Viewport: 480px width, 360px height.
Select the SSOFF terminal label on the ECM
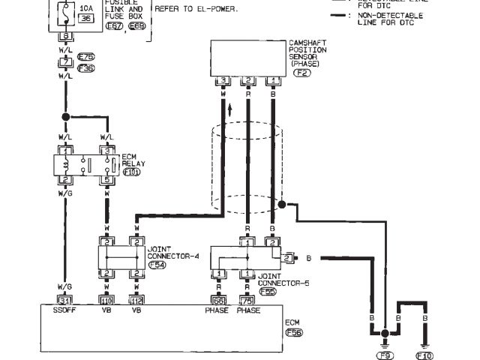pyautogui.click(x=64, y=309)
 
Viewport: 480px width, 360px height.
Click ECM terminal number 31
pyautogui.click(x=64, y=300)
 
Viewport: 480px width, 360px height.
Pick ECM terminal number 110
pyautogui.click(x=106, y=300)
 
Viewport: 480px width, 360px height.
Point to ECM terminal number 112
pyautogui.click(x=136, y=300)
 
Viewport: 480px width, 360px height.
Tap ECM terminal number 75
pyautogui.click(x=247, y=300)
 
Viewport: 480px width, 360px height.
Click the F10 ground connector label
pyautogui.click(x=425, y=355)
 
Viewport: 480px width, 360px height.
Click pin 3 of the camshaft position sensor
pyautogui.click(x=223, y=80)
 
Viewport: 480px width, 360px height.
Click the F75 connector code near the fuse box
pyautogui.click(x=85, y=56)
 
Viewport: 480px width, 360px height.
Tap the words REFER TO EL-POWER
pyautogui.click(x=196, y=9)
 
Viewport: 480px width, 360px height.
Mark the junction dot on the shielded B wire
pyautogui.click(x=282, y=203)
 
